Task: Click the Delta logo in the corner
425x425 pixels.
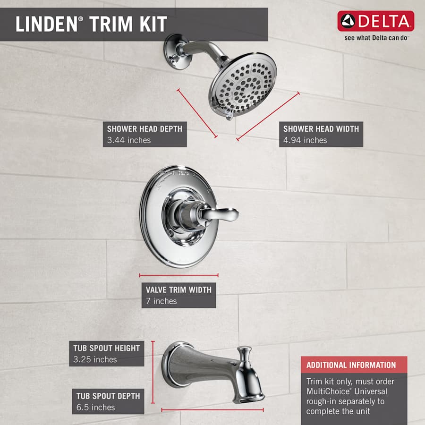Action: click(375, 21)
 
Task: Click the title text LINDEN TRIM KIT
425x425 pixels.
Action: click(91, 24)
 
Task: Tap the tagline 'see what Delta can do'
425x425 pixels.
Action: click(376, 38)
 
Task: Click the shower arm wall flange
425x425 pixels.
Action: click(175, 52)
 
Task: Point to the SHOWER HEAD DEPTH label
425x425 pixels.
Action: click(144, 129)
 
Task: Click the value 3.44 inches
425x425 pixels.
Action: click(129, 140)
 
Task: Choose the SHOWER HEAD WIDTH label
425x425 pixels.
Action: click(321, 129)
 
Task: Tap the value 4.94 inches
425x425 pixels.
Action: click(305, 140)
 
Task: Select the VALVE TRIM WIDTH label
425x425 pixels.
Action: click(178, 290)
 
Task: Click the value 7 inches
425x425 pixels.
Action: click(161, 301)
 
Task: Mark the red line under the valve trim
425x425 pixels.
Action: click(178, 275)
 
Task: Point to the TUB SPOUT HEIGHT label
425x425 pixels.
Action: click(106, 348)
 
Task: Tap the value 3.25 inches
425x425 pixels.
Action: click(94, 360)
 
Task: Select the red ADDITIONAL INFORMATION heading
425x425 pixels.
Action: click(351, 365)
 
